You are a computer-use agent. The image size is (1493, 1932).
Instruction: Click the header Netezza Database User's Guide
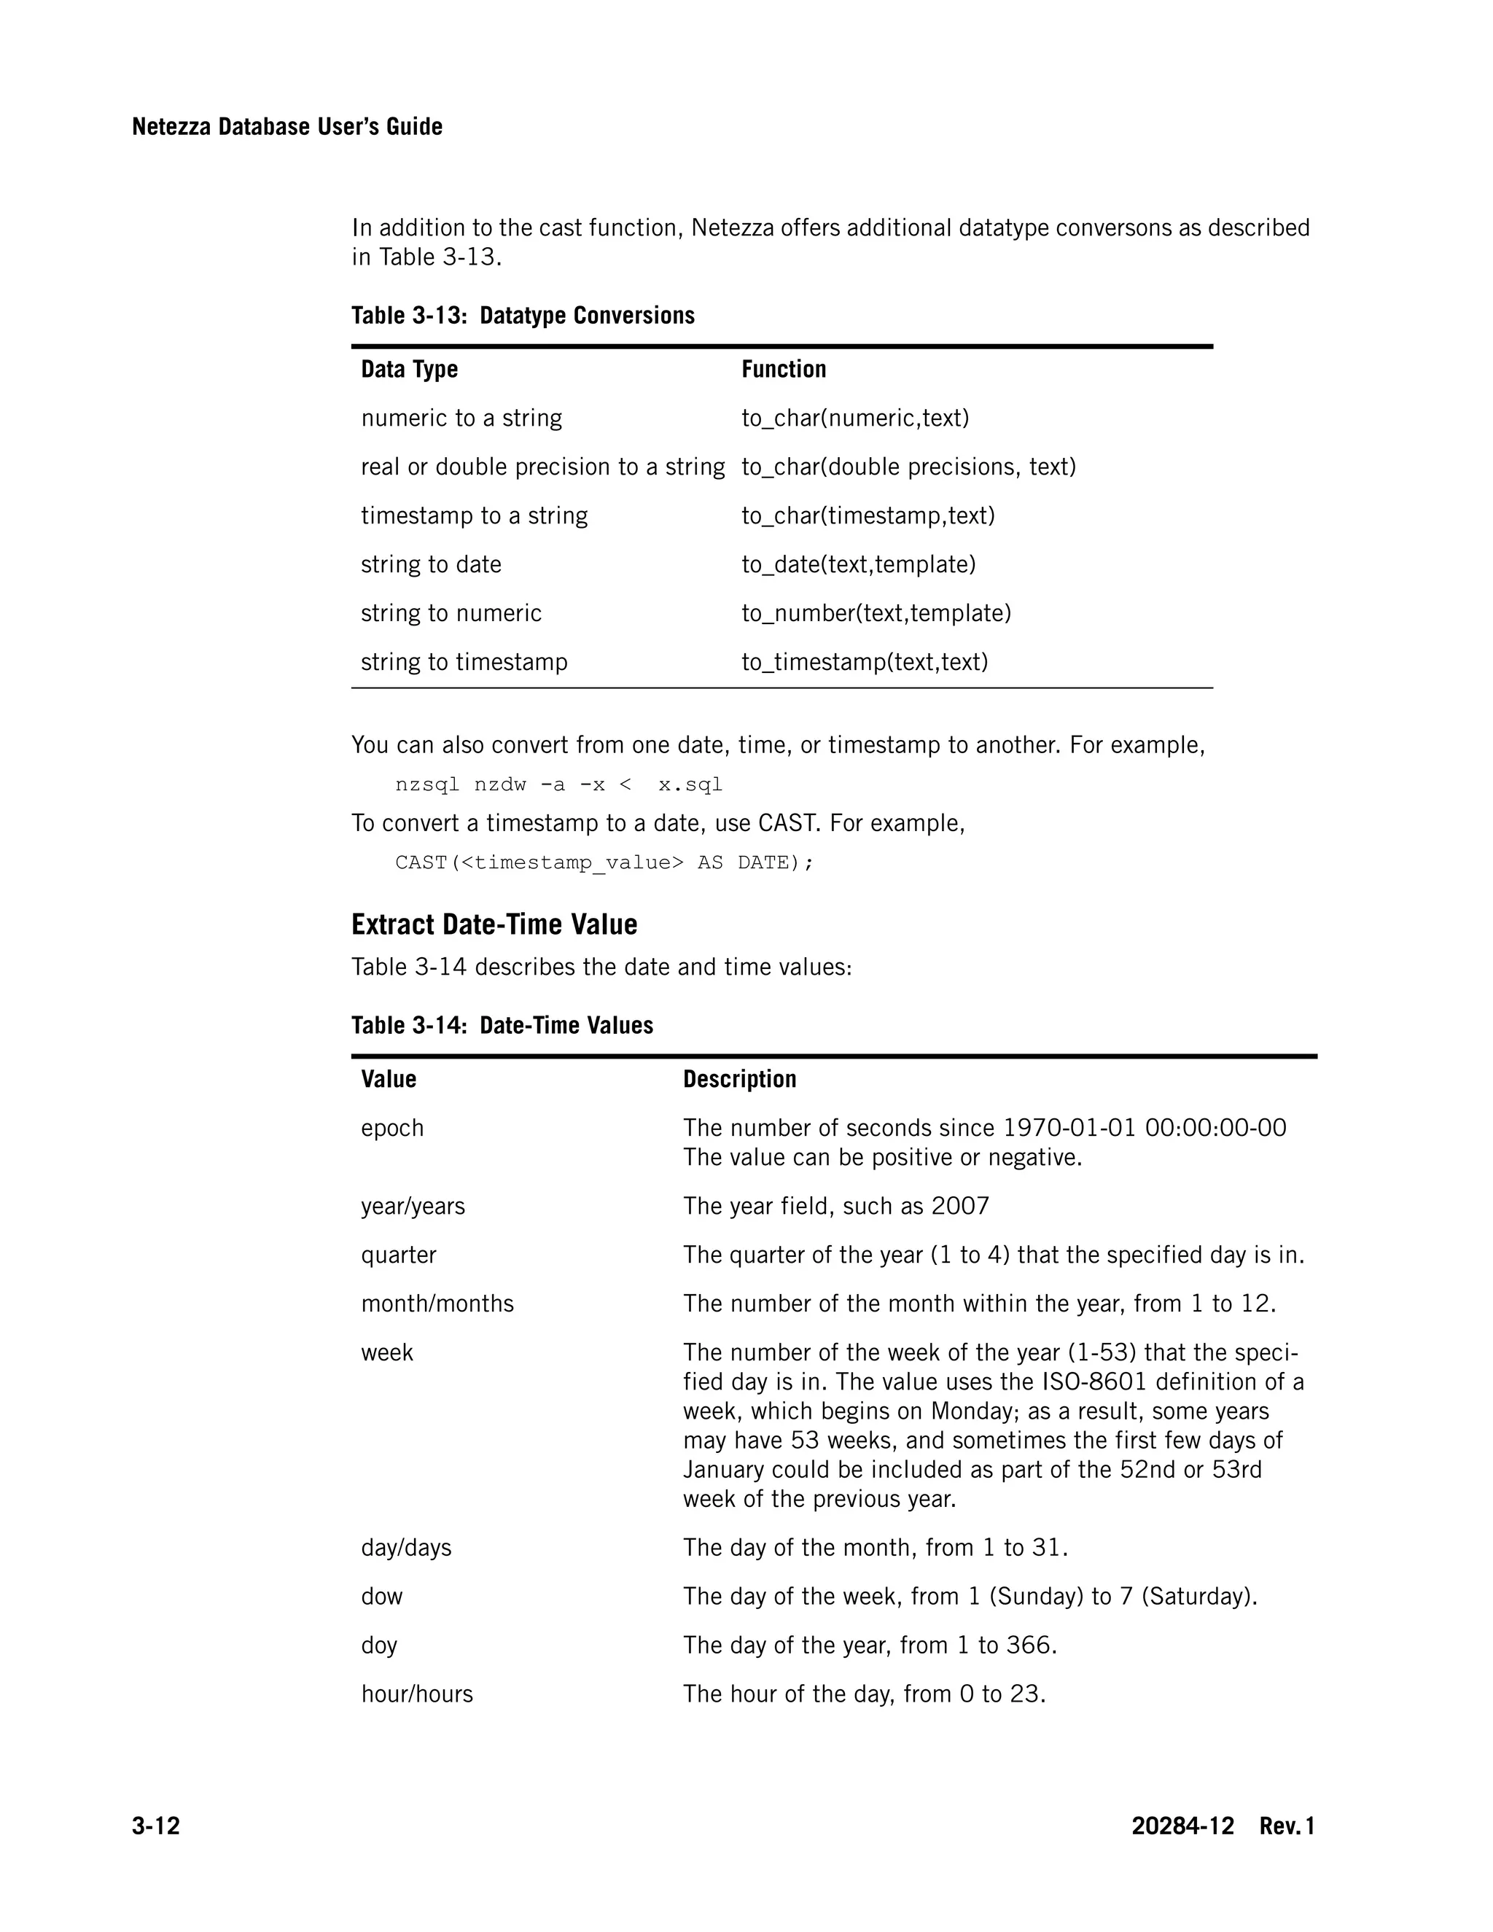pos(286,127)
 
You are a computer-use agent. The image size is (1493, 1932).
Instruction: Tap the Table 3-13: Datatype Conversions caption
pos(523,315)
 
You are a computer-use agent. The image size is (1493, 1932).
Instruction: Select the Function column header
pos(784,369)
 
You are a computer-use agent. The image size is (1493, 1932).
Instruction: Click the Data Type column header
pos(409,369)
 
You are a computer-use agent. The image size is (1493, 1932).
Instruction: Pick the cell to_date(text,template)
pos(858,564)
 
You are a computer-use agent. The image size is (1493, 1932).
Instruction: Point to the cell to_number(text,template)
pos(876,613)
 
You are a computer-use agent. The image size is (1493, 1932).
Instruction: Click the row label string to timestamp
pos(464,662)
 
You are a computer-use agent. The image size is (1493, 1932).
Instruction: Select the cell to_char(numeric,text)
pos(854,418)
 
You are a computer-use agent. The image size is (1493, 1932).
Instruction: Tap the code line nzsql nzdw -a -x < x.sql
pos(558,784)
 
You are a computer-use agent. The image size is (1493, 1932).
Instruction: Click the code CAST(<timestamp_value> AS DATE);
pos(603,862)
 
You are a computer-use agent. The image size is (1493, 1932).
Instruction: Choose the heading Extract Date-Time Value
pos(494,924)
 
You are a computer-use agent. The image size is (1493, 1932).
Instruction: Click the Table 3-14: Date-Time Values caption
pos(502,1025)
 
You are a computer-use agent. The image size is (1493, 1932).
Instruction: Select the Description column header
pos(739,1078)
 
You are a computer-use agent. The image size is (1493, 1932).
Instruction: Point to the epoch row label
pos(391,1128)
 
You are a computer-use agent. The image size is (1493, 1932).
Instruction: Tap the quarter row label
pos(398,1255)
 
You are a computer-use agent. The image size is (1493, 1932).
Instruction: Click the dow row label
pos(381,1596)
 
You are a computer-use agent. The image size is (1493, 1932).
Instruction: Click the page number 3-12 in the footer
pos(156,1826)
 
